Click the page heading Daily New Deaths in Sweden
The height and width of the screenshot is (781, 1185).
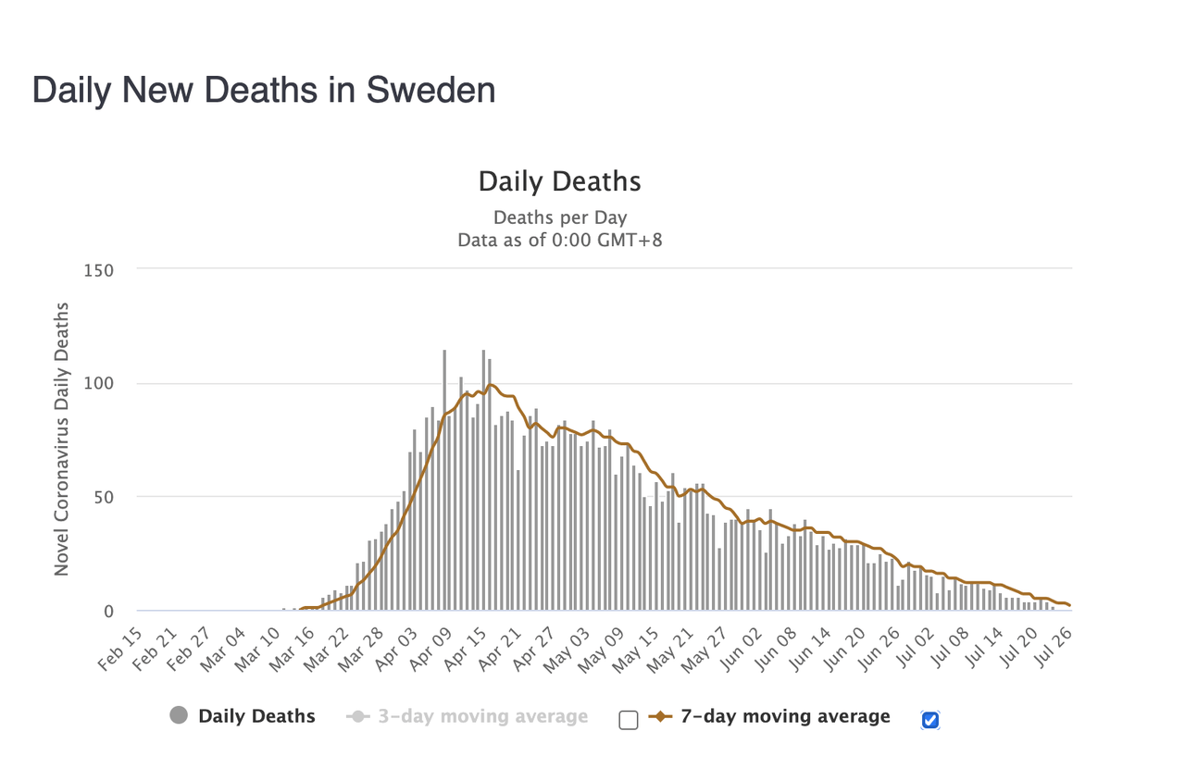pos(264,91)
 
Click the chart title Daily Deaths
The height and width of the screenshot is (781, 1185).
pos(559,181)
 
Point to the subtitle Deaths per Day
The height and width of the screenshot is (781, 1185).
pos(559,218)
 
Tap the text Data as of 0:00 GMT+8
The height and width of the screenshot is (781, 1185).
pos(559,241)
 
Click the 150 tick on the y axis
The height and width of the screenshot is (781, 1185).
pos(99,270)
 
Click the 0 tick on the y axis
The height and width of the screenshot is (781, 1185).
pos(108,611)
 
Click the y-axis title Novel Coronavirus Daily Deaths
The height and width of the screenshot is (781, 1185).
pos(62,438)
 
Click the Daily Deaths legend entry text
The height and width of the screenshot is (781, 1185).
pos(256,716)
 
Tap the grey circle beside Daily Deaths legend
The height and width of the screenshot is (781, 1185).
pos(180,715)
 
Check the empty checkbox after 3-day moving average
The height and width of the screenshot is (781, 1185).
pos(629,720)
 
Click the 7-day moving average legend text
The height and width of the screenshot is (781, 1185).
pos(785,716)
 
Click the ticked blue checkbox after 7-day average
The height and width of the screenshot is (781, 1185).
pos(930,720)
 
